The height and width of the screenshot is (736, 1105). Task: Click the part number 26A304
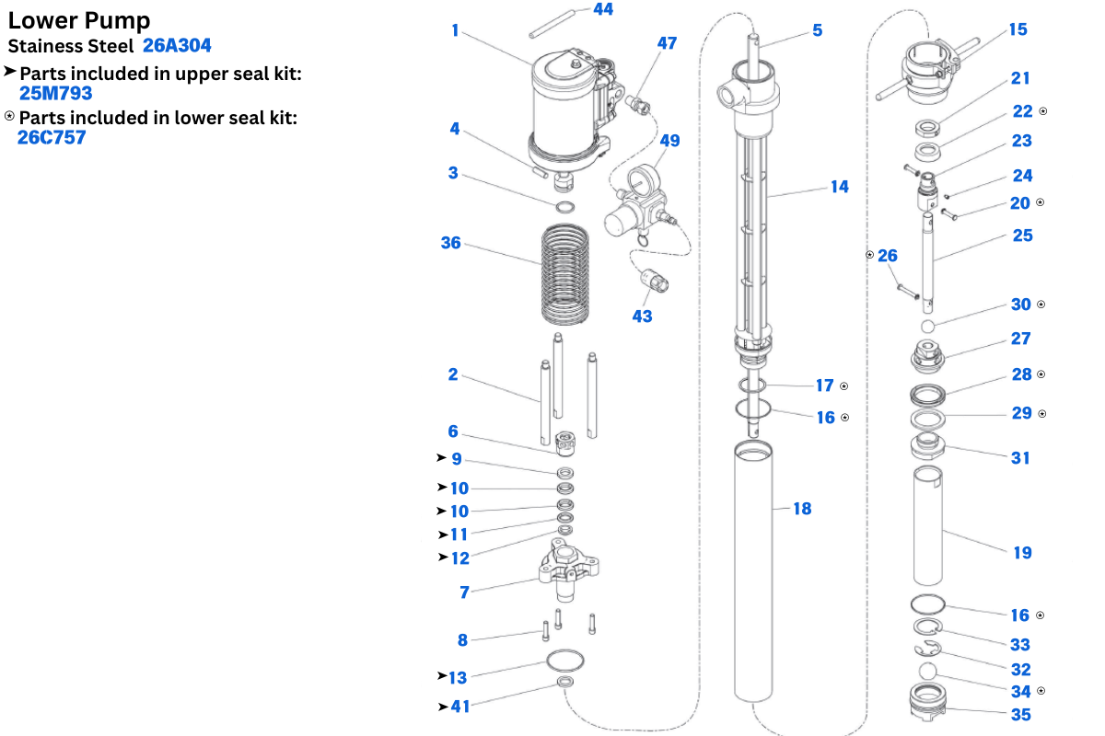coord(177,45)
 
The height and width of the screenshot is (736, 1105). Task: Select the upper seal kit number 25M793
coord(55,92)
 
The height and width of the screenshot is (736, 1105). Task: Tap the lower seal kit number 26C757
coord(52,137)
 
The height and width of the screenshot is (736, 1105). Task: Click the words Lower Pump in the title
coord(79,20)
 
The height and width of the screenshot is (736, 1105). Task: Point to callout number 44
coord(603,9)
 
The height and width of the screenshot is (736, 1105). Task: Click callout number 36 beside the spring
coord(450,243)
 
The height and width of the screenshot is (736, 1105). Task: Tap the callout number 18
coord(802,508)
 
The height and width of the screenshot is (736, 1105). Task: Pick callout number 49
coord(669,140)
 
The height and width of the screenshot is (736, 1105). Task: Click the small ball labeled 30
coord(928,327)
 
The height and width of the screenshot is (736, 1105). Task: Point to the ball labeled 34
coord(929,671)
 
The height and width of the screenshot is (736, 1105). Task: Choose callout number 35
coord(1020,714)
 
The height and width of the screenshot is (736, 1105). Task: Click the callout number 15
coord(1018,29)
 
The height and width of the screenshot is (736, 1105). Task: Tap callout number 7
coord(464,592)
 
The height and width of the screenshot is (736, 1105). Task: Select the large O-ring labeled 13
coord(564,661)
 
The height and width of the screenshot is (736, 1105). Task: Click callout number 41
coord(460,707)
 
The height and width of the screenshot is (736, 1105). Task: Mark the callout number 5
coord(817,30)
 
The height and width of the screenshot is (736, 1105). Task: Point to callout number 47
coord(667,43)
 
